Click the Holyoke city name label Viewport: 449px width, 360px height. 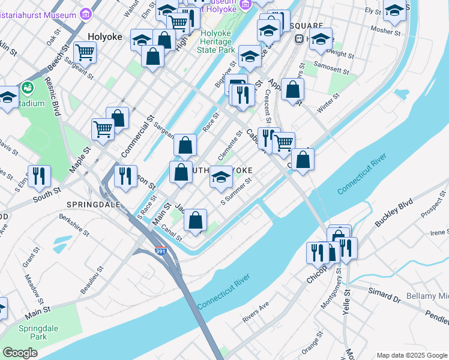105,37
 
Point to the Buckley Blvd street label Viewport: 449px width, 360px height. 394,211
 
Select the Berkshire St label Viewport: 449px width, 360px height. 74,224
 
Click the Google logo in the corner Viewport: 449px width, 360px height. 20,353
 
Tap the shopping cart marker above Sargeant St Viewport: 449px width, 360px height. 85,52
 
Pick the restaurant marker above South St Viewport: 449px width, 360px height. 39,175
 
